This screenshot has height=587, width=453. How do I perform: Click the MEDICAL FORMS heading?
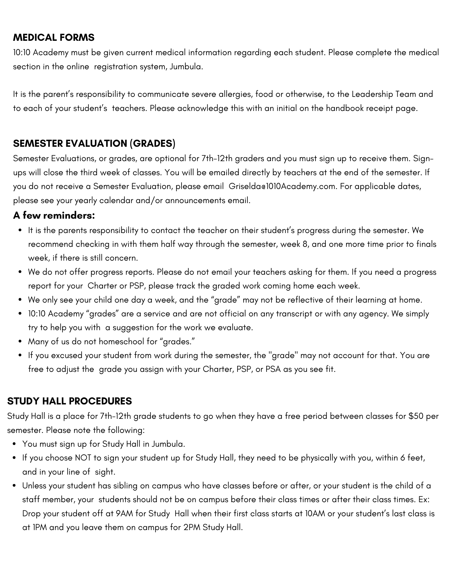pyautogui.click(x=54, y=38)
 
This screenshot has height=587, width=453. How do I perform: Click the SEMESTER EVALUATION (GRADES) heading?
pyautogui.click(x=94, y=143)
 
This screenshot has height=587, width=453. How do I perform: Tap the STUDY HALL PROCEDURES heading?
pyautogui.click(x=69, y=401)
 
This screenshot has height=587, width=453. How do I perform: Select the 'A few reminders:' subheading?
pyautogui.click(x=54, y=215)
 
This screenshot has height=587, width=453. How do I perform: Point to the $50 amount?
pyautogui.click(x=416, y=416)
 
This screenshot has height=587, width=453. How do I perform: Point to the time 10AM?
pyautogui.click(x=315, y=514)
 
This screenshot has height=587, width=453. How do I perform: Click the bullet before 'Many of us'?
pyautogui.click(x=20, y=342)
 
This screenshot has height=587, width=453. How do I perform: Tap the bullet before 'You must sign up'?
pyautogui.click(x=14, y=444)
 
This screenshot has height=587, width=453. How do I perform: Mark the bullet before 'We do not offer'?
pyautogui.click(x=20, y=272)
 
